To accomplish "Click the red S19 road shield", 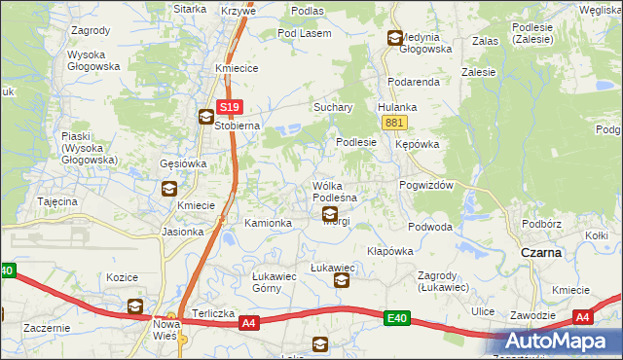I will coord(229,107).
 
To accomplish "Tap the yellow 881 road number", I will coord(394,122).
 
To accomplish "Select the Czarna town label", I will coord(540,252).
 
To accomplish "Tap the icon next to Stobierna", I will coord(205,118).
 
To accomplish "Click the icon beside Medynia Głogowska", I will coord(394,39).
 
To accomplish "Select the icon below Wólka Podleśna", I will coord(330,214).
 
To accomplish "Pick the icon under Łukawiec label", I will coord(342,281).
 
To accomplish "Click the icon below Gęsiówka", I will coord(168,189).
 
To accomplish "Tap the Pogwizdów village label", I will coord(427,185).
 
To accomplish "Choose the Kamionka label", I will coord(268,224).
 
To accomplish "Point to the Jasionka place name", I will coord(183,232).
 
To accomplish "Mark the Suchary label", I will coord(332,107).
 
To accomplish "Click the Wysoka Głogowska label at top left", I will coord(92,60).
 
